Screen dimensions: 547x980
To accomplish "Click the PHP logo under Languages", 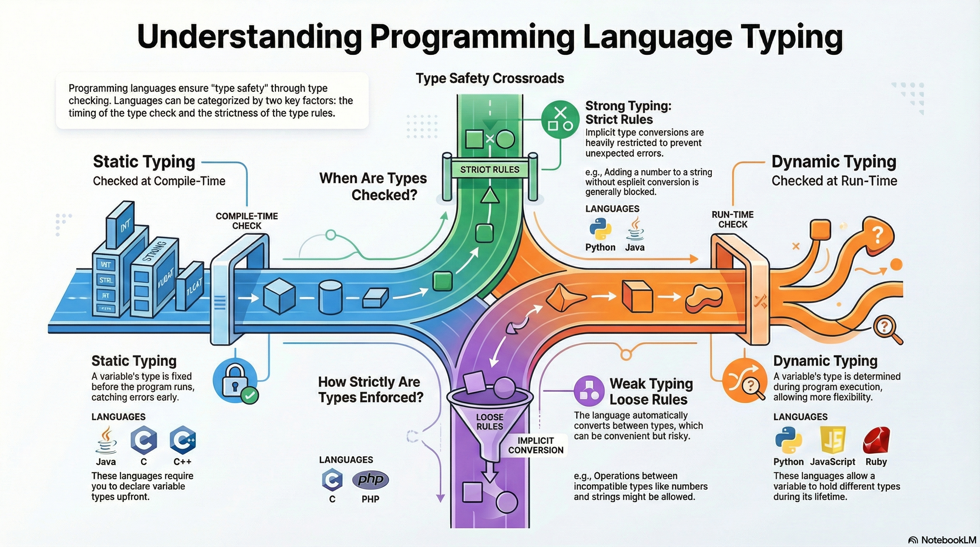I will coord(370,479).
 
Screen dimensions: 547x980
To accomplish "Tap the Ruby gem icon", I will coord(876,441).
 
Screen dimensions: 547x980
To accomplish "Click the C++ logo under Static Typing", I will coord(183,441).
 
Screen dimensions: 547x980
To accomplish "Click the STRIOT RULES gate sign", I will coord(490,170).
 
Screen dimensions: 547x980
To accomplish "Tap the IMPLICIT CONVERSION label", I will coord(536,446).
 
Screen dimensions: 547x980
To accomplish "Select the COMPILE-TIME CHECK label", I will coord(246,221).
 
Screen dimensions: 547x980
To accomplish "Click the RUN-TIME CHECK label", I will coord(733,219).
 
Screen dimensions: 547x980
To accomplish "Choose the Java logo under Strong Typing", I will coord(635,229).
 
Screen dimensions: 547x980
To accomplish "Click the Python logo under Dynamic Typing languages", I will coord(788,441).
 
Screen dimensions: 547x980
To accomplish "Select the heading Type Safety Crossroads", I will coord(490,78).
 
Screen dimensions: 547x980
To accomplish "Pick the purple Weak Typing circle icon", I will coord(589,391).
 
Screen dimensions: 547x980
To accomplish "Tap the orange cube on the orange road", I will coord(637,296).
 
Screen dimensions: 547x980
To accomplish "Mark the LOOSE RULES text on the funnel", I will coord(490,422).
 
